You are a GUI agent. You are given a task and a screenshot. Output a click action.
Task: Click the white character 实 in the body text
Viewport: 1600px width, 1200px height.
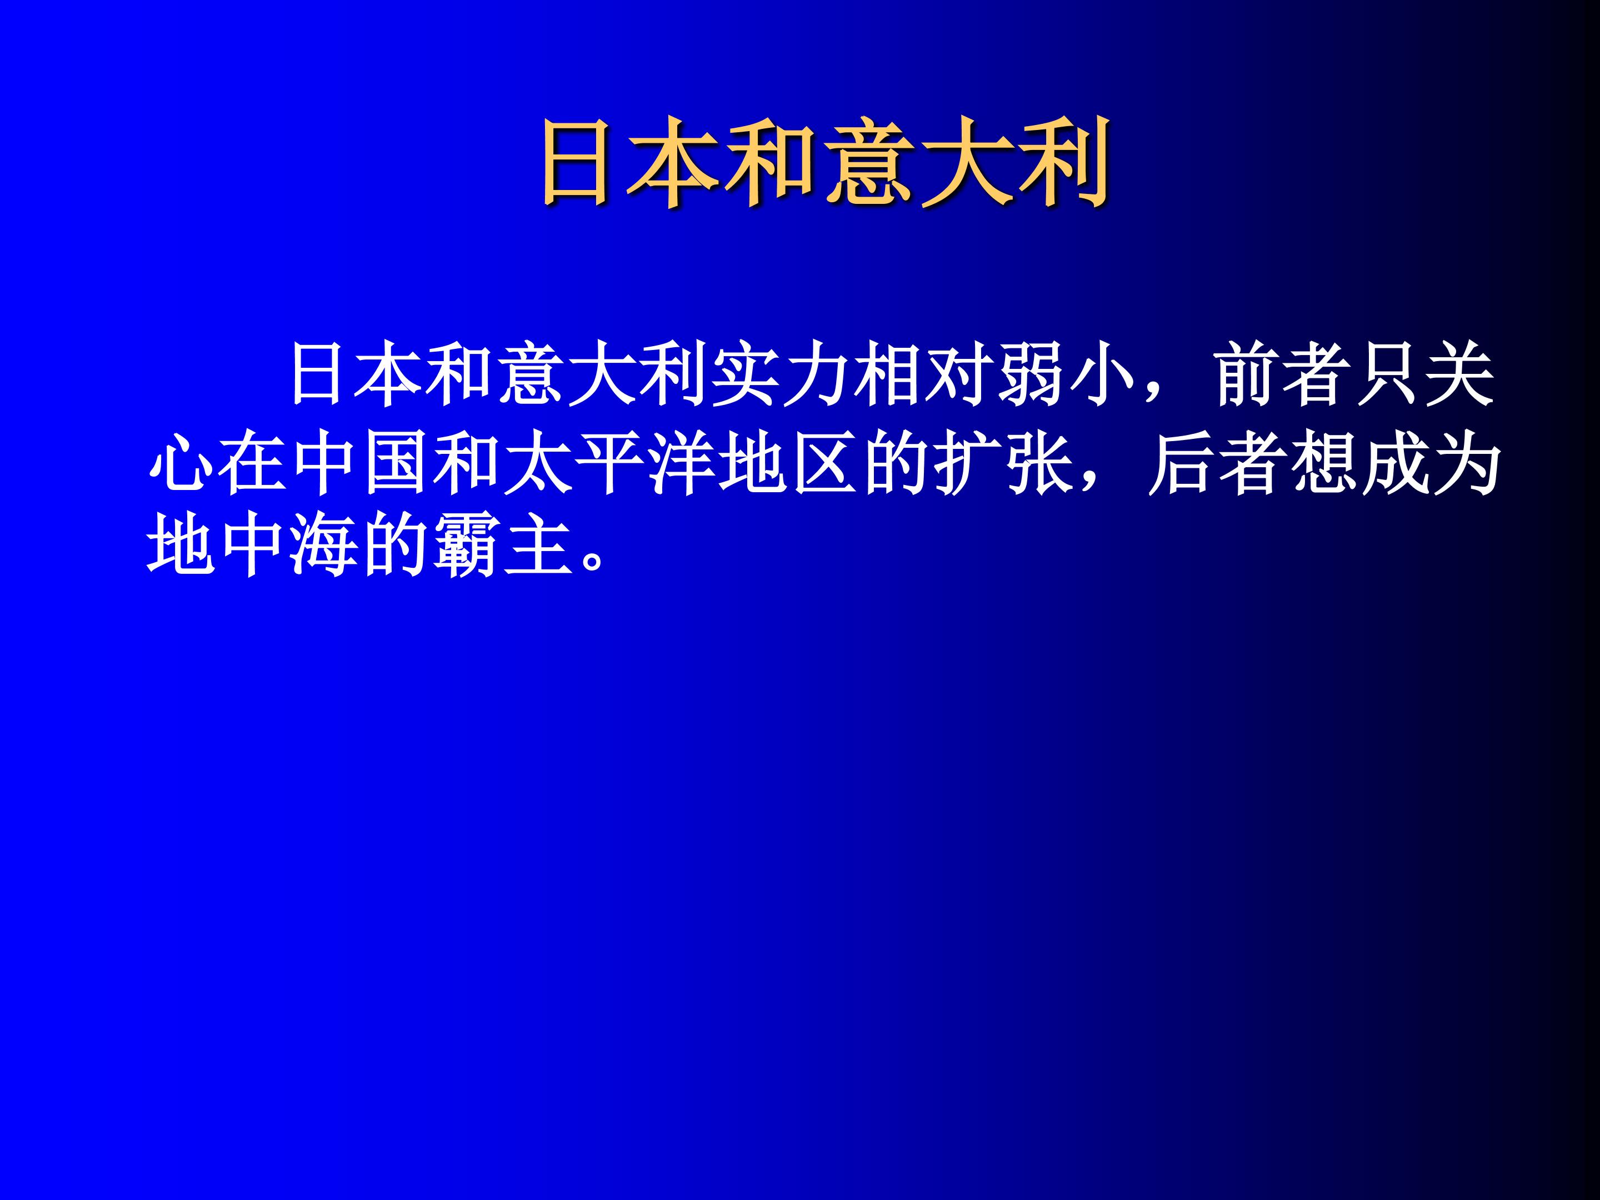745,376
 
